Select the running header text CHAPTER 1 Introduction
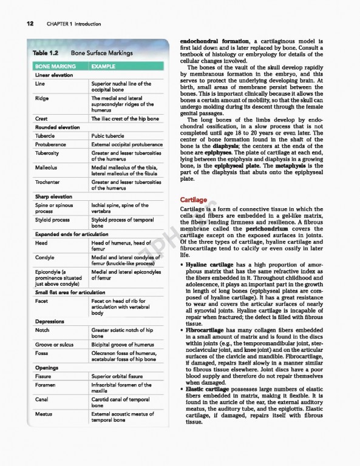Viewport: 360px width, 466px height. coord(72,24)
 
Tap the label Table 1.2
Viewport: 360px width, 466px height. coord(46,53)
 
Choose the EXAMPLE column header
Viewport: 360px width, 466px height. coord(103,66)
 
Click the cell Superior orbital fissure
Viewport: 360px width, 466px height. coord(119,376)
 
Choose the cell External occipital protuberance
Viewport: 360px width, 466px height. coord(127,145)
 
